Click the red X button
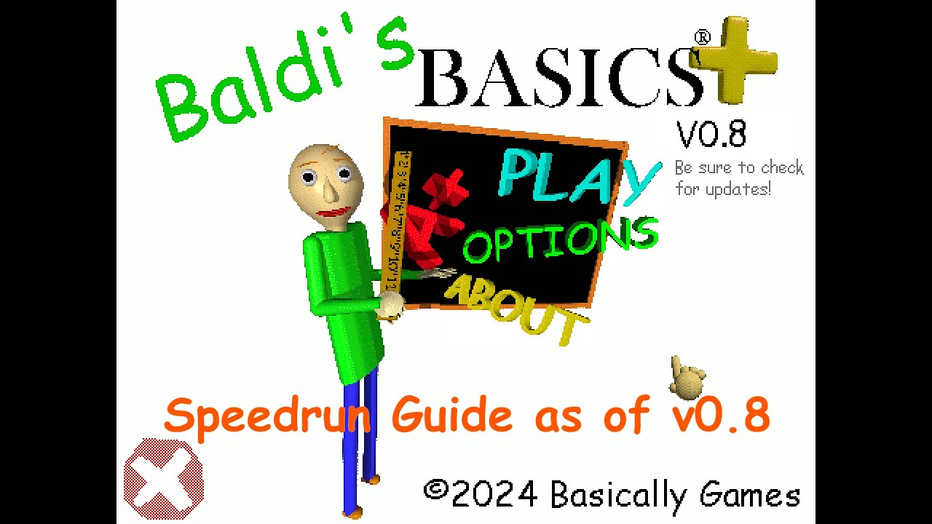coord(163,478)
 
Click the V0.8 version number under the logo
coord(711,135)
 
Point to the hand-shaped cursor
coord(686,378)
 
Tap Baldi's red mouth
coord(333,213)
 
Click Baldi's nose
coord(329,191)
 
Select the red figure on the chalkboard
coord(430,218)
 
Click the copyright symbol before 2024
coord(435,491)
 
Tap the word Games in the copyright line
coord(750,496)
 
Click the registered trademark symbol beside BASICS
coord(702,36)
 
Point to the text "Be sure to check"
coord(739,168)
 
